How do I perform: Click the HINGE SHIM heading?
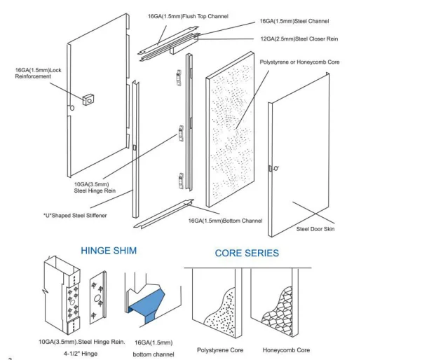coord(109,251)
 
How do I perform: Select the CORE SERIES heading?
coord(247,253)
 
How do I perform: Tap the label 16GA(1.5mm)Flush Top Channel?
coord(188,16)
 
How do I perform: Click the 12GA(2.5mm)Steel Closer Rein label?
coord(299,39)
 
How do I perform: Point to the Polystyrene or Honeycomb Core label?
coord(299,62)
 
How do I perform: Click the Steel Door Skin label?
coord(315,229)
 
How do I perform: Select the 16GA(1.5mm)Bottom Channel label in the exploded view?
coord(225,221)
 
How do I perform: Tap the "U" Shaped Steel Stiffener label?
coord(75,216)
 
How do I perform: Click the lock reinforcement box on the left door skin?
coord(88,99)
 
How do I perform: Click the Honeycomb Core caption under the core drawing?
coord(286,350)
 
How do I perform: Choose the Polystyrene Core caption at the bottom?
coord(220,350)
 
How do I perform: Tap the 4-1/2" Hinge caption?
coord(81,354)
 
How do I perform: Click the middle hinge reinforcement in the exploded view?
coord(181,133)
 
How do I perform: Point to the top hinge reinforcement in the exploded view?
coord(179,78)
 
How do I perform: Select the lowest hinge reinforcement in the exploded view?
coord(181,181)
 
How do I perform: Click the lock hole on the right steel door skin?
coord(276,168)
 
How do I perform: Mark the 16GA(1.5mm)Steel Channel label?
coord(294,22)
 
